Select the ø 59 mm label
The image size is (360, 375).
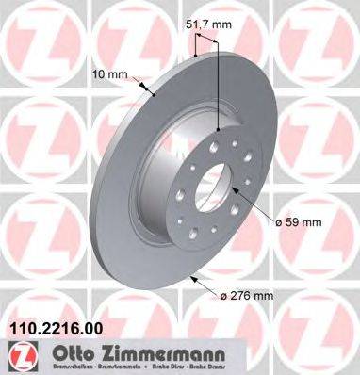click(x=299, y=221)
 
